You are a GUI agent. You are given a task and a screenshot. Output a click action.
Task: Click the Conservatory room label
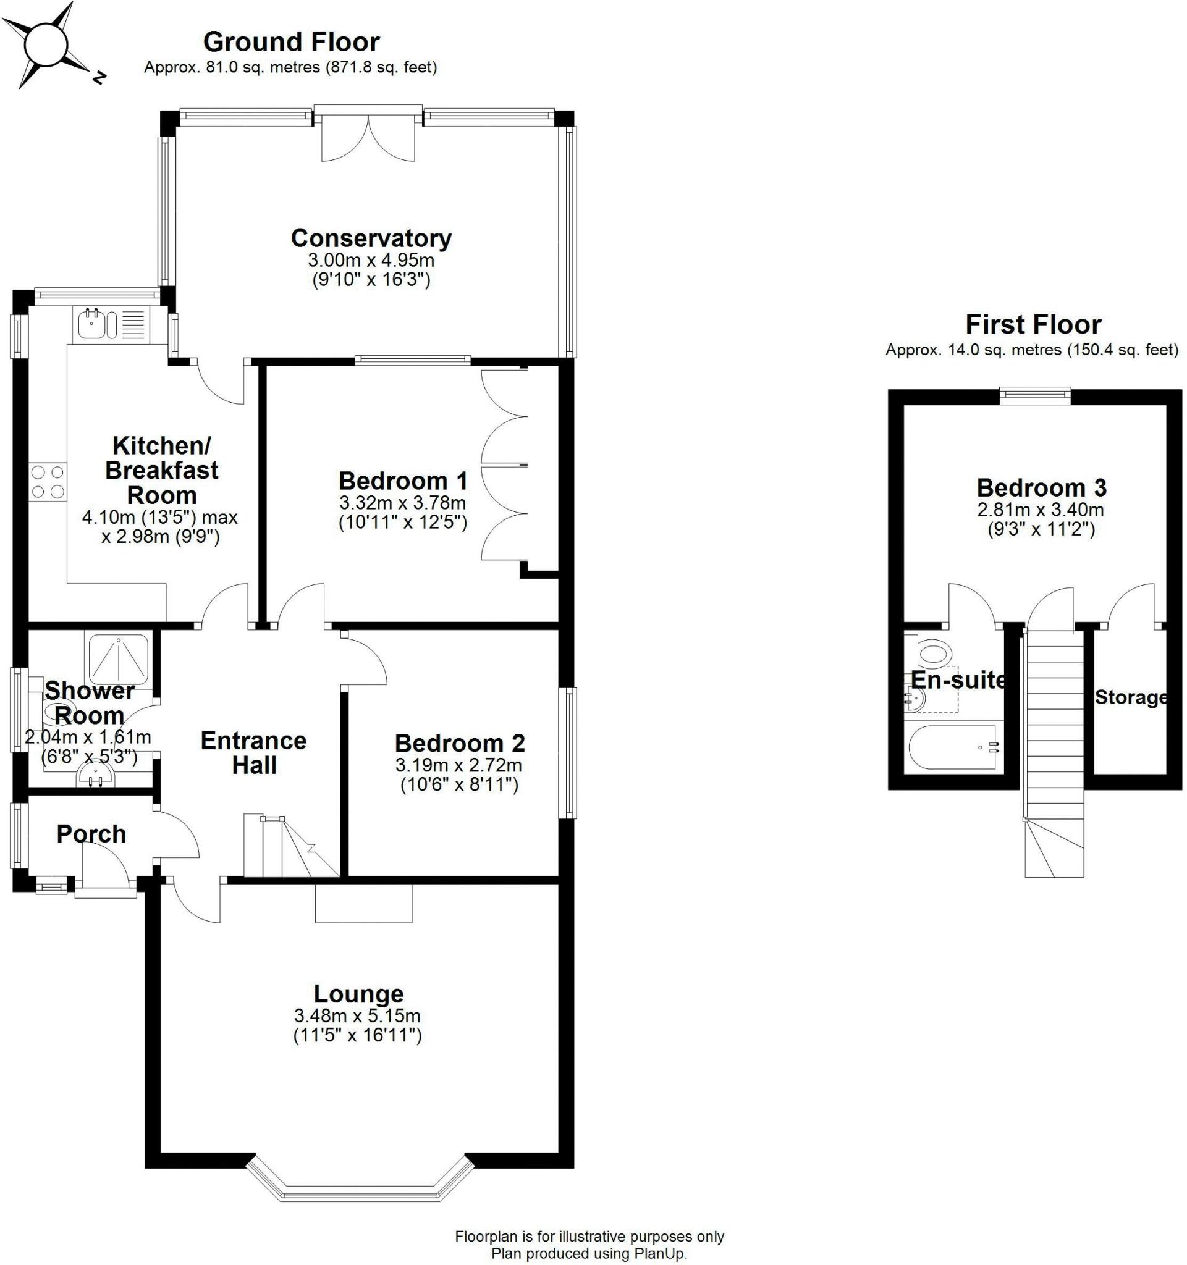click(x=371, y=238)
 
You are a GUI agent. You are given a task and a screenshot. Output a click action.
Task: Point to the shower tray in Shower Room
click(x=119, y=661)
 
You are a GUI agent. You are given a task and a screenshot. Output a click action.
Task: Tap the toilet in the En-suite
click(x=931, y=654)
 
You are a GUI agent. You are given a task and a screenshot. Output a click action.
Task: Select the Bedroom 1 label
click(x=403, y=481)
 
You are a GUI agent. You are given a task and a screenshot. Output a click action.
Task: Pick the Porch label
click(x=91, y=834)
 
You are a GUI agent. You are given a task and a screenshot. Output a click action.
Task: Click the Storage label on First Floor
click(x=1131, y=697)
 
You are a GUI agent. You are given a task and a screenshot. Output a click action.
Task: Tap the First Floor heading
click(x=1033, y=324)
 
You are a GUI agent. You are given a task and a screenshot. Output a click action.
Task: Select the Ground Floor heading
click(x=292, y=42)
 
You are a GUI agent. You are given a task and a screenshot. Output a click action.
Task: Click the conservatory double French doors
click(x=368, y=134)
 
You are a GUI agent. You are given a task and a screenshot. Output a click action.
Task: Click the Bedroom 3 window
click(x=1035, y=395)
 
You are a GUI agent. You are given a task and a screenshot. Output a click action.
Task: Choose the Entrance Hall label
click(x=254, y=753)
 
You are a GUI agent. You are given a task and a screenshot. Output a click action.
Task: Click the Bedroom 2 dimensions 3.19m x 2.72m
click(x=459, y=765)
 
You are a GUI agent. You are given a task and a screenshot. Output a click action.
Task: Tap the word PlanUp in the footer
click(x=660, y=1253)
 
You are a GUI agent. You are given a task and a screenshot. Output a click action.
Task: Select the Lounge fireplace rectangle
click(x=364, y=903)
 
